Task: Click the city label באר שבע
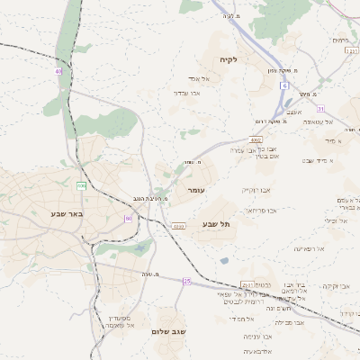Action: click(x=67, y=214)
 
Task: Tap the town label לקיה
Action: click(x=228, y=59)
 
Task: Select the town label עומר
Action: click(x=197, y=191)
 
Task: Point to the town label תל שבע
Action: click(x=216, y=223)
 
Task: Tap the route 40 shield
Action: click(x=59, y=70)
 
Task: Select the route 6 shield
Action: click(x=283, y=85)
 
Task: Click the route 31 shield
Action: click(x=319, y=110)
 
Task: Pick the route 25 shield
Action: click(x=187, y=282)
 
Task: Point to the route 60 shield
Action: click(x=129, y=219)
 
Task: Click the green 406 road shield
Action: click(x=81, y=185)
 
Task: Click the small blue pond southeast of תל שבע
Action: click(x=223, y=261)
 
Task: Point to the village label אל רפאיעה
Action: click(x=308, y=248)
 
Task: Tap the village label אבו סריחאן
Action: click(x=260, y=210)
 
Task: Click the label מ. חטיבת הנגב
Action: click(x=143, y=197)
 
